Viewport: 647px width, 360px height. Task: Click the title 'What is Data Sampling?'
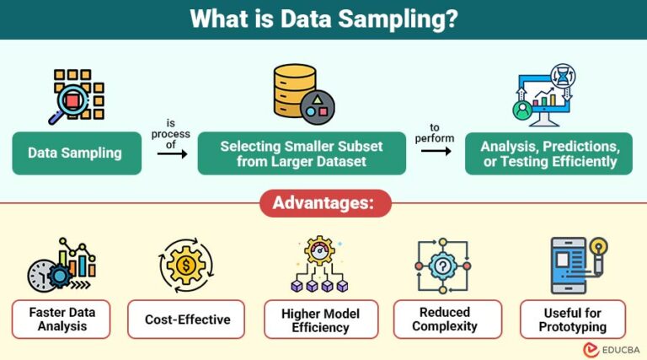click(x=323, y=19)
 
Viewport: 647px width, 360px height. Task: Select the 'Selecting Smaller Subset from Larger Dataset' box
click(x=302, y=153)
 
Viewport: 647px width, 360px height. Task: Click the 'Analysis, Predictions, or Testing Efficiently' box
click(x=548, y=153)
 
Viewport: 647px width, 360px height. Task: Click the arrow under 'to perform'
click(x=436, y=151)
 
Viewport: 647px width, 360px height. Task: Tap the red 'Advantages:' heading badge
click(x=323, y=204)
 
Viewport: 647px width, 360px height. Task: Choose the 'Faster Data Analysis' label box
click(x=61, y=319)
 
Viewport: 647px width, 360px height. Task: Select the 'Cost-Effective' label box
click(x=186, y=320)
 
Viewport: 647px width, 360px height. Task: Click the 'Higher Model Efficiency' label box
click(x=321, y=319)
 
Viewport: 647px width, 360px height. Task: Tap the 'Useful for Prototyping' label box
click(x=573, y=319)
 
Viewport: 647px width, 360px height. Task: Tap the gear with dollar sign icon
click(x=185, y=265)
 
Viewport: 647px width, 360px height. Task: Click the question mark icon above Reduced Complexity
click(x=443, y=265)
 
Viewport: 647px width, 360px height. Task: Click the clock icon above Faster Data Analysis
click(x=40, y=275)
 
